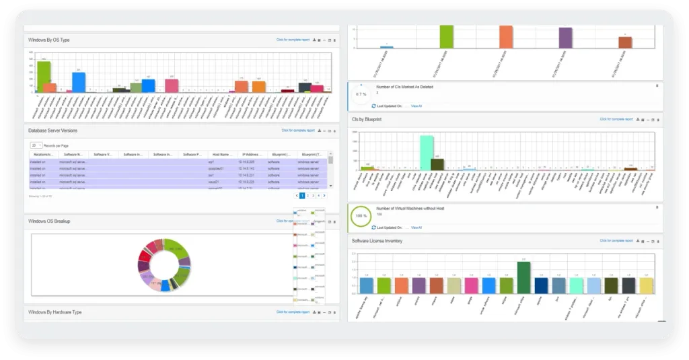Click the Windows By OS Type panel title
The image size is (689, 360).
point(48,40)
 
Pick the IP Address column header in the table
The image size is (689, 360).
point(253,155)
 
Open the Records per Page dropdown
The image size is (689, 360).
point(36,145)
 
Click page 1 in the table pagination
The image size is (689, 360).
point(302,196)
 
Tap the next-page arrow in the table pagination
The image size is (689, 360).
point(324,196)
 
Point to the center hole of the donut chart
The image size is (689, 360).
point(164,263)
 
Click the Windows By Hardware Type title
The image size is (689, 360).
point(55,312)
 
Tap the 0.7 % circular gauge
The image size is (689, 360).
point(361,94)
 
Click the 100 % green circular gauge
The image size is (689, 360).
point(361,217)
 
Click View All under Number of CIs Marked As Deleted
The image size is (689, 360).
point(416,106)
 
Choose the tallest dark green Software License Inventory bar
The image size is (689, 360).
point(523,277)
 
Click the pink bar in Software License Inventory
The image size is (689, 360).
point(471,285)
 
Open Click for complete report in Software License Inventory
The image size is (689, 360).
point(616,241)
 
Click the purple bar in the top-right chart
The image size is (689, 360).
point(565,38)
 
